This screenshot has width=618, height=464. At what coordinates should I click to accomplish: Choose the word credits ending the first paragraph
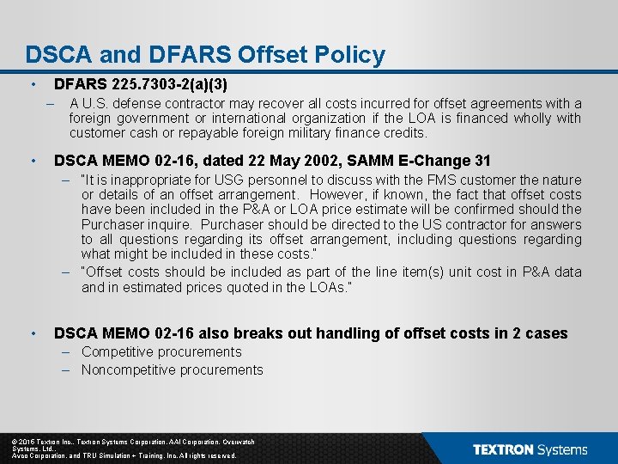(x=404, y=132)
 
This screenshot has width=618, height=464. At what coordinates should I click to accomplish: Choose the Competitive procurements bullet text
(x=161, y=351)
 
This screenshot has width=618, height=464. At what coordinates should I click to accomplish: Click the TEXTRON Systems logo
(x=530, y=449)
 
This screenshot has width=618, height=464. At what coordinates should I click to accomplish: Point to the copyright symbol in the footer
(x=15, y=442)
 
